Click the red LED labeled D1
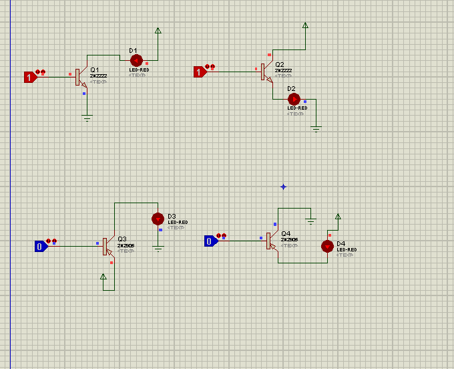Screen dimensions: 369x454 [x=136, y=59]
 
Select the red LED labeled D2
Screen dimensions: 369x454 [x=294, y=98]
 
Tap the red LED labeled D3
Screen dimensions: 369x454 [x=158, y=219]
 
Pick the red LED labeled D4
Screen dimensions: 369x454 [x=327, y=246]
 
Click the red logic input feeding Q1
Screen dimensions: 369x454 [x=29, y=77]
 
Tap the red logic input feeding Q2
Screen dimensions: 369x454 [x=199, y=72]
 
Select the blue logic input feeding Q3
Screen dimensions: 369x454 [x=40, y=246]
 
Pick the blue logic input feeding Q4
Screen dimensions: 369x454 [x=210, y=241]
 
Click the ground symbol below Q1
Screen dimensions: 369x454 [x=87, y=118]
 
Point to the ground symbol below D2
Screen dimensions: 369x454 [x=316, y=128]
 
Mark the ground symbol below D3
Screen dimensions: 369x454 [x=158, y=248]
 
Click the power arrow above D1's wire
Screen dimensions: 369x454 [x=158, y=30]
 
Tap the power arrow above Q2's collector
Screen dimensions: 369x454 [x=305, y=25]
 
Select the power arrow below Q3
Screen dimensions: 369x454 [x=103, y=277]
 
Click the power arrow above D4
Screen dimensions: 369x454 [x=338, y=217]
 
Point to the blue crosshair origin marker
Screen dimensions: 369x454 [x=283, y=187]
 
